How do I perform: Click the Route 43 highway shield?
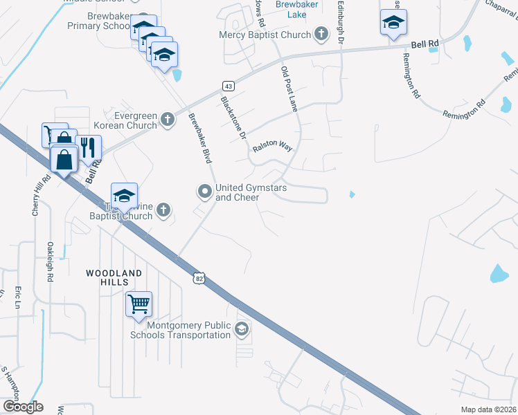(x=228, y=85)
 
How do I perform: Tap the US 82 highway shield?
(x=199, y=278)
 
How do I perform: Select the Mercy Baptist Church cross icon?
(x=321, y=34)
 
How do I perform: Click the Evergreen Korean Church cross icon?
(x=167, y=120)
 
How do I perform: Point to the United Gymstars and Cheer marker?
(x=204, y=192)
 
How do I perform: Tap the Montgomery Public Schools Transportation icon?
(x=241, y=329)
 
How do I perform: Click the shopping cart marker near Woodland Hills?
(x=139, y=303)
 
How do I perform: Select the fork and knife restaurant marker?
(x=88, y=148)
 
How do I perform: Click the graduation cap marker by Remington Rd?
(x=393, y=23)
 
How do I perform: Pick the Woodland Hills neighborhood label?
(x=114, y=278)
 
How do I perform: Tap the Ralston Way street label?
(x=272, y=147)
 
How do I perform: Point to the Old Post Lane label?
(x=289, y=89)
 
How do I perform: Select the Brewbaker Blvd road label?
(x=199, y=138)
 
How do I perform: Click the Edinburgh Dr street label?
(x=340, y=21)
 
